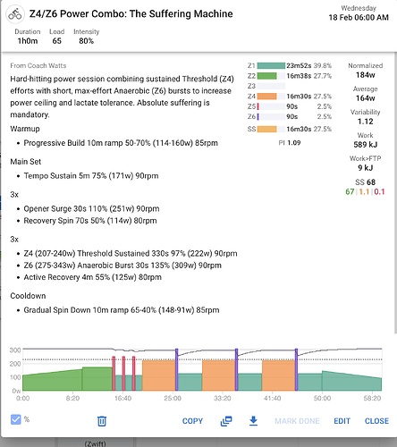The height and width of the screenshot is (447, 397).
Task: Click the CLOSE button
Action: coord(376,421)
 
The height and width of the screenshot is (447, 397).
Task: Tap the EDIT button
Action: coord(342,421)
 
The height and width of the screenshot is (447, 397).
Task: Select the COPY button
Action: coord(192,421)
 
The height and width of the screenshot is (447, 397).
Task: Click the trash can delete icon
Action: coord(102,421)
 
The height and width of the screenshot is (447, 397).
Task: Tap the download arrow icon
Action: coord(253,421)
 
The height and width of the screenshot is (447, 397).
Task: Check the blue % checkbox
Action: coord(15,419)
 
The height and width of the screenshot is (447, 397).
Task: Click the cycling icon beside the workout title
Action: coord(15,14)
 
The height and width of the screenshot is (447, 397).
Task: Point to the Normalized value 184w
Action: coord(366,75)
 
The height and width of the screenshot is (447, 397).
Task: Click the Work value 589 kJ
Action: coord(366,145)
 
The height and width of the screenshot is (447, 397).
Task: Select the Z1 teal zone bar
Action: coord(271,65)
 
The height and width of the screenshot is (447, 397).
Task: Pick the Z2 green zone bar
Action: coord(266,76)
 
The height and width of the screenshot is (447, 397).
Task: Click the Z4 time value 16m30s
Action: coord(299,97)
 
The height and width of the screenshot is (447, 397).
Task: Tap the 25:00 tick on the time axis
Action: coord(173,398)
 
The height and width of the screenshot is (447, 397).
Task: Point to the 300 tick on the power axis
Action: coord(15,350)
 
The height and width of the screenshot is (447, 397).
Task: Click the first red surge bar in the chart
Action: coord(114,374)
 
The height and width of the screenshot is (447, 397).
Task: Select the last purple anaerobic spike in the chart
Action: coord(296,369)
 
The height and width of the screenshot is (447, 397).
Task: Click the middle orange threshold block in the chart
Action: coord(218,375)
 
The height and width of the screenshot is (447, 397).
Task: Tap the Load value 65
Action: coord(57,41)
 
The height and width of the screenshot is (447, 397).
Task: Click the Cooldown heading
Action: coord(28,296)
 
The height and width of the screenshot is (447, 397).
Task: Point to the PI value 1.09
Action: coord(294,143)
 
